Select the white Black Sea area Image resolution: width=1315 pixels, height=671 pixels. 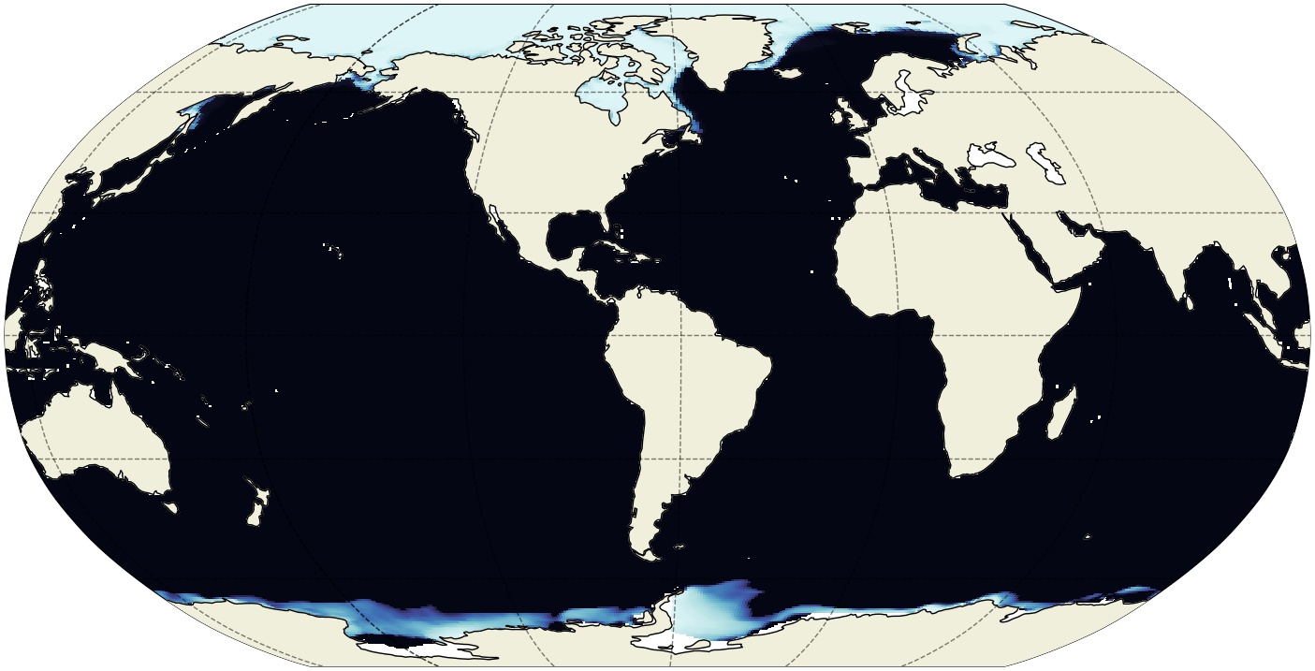(x=991, y=154)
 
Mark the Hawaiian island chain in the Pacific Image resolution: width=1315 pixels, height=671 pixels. (x=333, y=250)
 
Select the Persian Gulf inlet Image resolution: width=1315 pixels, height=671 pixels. (x=1076, y=226)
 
